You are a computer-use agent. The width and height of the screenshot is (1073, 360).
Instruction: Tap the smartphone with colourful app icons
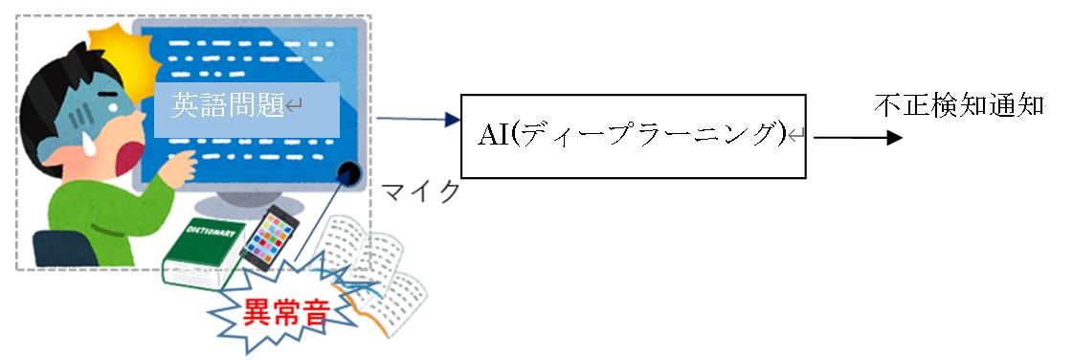pyautogui.click(x=269, y=236)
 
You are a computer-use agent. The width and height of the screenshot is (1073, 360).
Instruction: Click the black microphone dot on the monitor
pyautogui.click(x=351, y=173)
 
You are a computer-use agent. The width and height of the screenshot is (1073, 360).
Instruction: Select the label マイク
pyautogui.click(x=420, y=191)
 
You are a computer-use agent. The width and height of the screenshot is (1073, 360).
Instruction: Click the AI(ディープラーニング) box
pyautogui.click(x=632, y=135)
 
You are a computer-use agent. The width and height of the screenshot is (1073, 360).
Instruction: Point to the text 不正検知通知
pyautogui.click(x=958, y=105)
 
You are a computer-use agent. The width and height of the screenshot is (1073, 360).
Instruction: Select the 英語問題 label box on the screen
pyautogui.click(x=247, y=108)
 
